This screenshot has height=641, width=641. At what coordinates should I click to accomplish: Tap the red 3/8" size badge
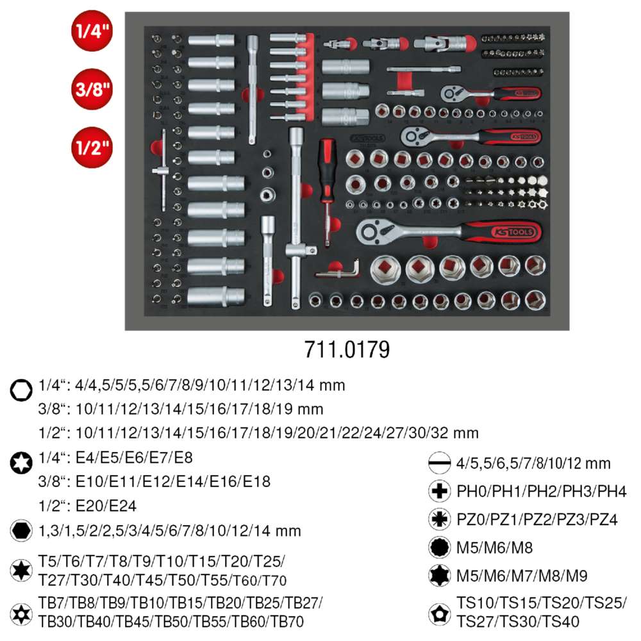pyautogui.click(x=90, y=88)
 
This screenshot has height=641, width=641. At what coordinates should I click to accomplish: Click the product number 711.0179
pyautogui.click(x=346, y=350)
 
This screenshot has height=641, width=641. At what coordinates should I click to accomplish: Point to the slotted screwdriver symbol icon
pyautogui.click(x=438, y=463)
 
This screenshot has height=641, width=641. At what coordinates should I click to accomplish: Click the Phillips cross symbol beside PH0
pyautogui.click(x=438, y=491)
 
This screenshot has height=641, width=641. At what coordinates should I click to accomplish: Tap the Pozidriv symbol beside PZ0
pyautogui.click(x=438, y=519)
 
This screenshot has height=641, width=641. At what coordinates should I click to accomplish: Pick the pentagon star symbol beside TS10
pyautogui.click(x=438, y=612)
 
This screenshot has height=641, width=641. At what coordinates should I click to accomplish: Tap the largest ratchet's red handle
pyautogui.click(x=506, y=231)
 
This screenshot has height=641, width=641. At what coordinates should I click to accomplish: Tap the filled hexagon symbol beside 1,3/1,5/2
pyautogui.click(x=21, y=531)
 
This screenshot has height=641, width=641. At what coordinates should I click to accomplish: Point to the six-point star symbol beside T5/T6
pyautogui.click(x=21, y=569)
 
